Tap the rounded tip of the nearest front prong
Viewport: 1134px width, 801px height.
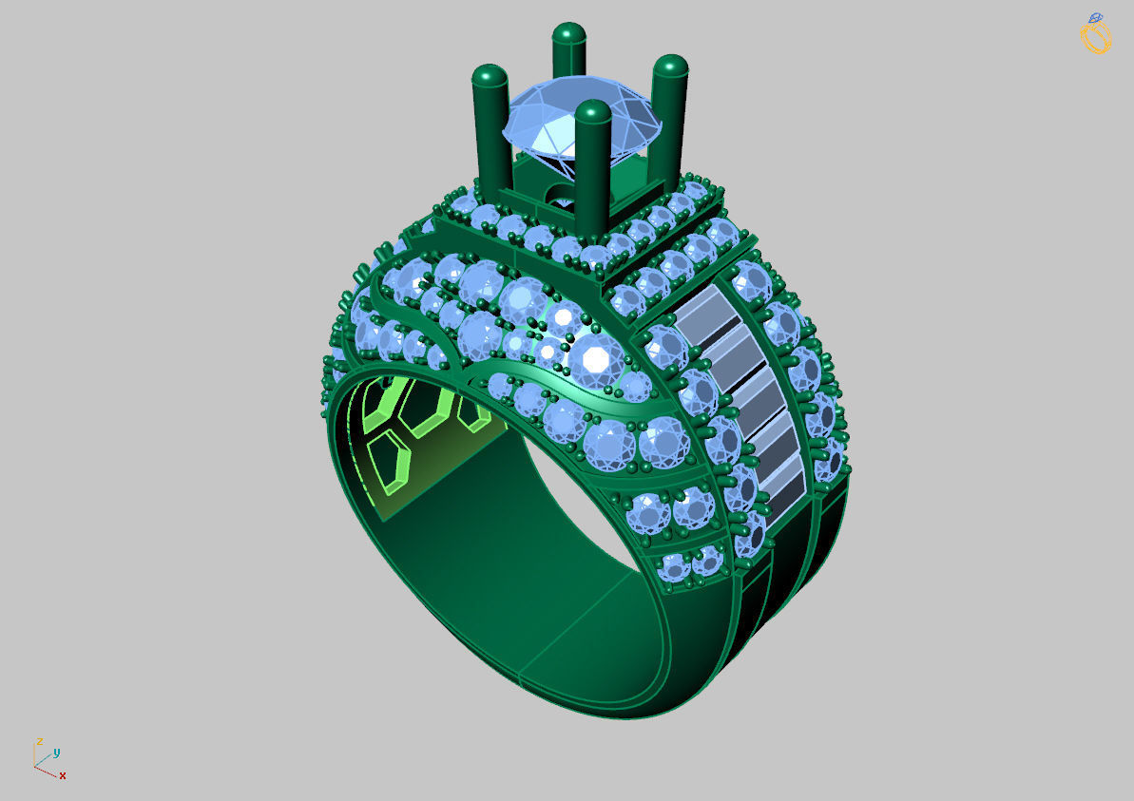pos(593,113)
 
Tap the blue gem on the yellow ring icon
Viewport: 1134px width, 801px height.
pos(1096,18)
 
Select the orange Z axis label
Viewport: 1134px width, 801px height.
pos(39,740)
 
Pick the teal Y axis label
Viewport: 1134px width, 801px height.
pos(57,752)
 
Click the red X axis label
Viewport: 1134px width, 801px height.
pos(63,775)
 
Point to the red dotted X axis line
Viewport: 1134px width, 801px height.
pos(47,770)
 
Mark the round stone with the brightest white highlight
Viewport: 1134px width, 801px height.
pos(596,358)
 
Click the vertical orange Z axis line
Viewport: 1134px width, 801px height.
pos(35,753)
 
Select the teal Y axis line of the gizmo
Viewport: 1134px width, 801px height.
pos(44,757)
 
